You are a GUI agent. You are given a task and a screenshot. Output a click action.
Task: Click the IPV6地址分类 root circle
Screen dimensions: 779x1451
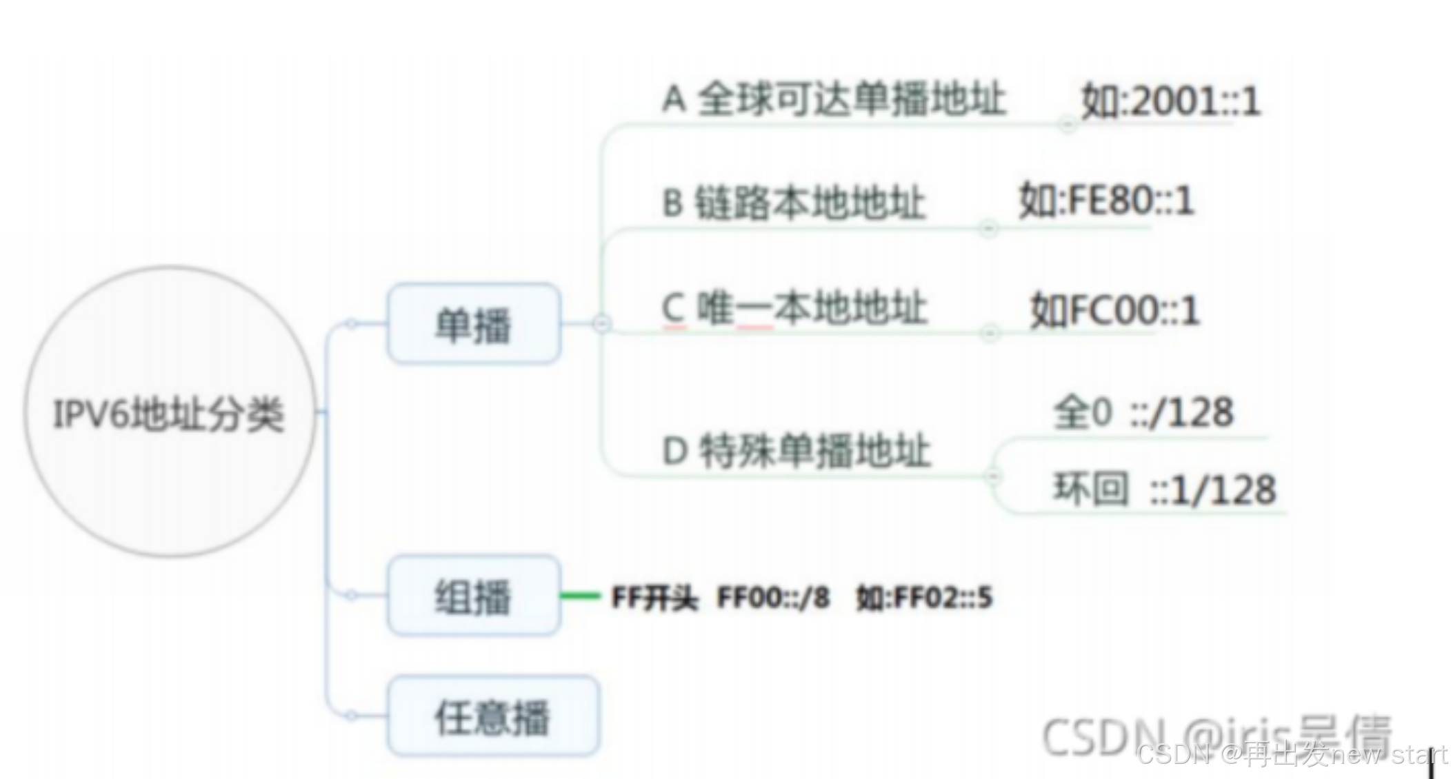click(x=170, y=412)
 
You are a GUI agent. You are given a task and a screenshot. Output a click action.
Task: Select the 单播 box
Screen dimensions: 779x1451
click(x=474, y=323)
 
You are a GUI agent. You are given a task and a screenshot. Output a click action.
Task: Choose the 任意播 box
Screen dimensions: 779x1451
click(x=492, y=716)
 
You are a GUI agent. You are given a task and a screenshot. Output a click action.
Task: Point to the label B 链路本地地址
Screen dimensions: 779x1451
click(x=793, y=203)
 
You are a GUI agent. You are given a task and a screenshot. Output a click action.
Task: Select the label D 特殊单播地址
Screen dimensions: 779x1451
click(x=797, y=452)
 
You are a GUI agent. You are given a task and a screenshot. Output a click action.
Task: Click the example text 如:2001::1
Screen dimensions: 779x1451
click(x=1171, y=101)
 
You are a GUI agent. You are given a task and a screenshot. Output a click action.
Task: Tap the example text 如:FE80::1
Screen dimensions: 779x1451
click(x=1106, y=201)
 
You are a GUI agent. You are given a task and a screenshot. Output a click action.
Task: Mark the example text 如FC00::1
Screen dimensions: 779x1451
click(x=1114, y=310)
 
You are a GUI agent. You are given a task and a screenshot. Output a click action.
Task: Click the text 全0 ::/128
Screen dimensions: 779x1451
click(x=1143, y=413)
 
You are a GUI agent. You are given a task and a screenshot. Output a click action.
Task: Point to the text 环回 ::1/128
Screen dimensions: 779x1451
click(x=1164, y=489)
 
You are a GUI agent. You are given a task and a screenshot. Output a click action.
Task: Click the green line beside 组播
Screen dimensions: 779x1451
click(x=580, y=596)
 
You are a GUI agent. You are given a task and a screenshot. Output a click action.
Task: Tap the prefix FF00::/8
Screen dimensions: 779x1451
click(x=773, y=597)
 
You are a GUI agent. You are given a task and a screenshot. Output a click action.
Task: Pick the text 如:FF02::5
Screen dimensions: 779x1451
click(x=924, y=597)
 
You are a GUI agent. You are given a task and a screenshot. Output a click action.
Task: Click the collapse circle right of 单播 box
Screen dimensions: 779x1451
click(x=601, y=323)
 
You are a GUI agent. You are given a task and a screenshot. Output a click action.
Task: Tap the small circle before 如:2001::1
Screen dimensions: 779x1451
click(x=1067, y=125)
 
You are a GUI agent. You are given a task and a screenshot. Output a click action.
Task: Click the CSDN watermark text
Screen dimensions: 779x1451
click(x=1290, y=754)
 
